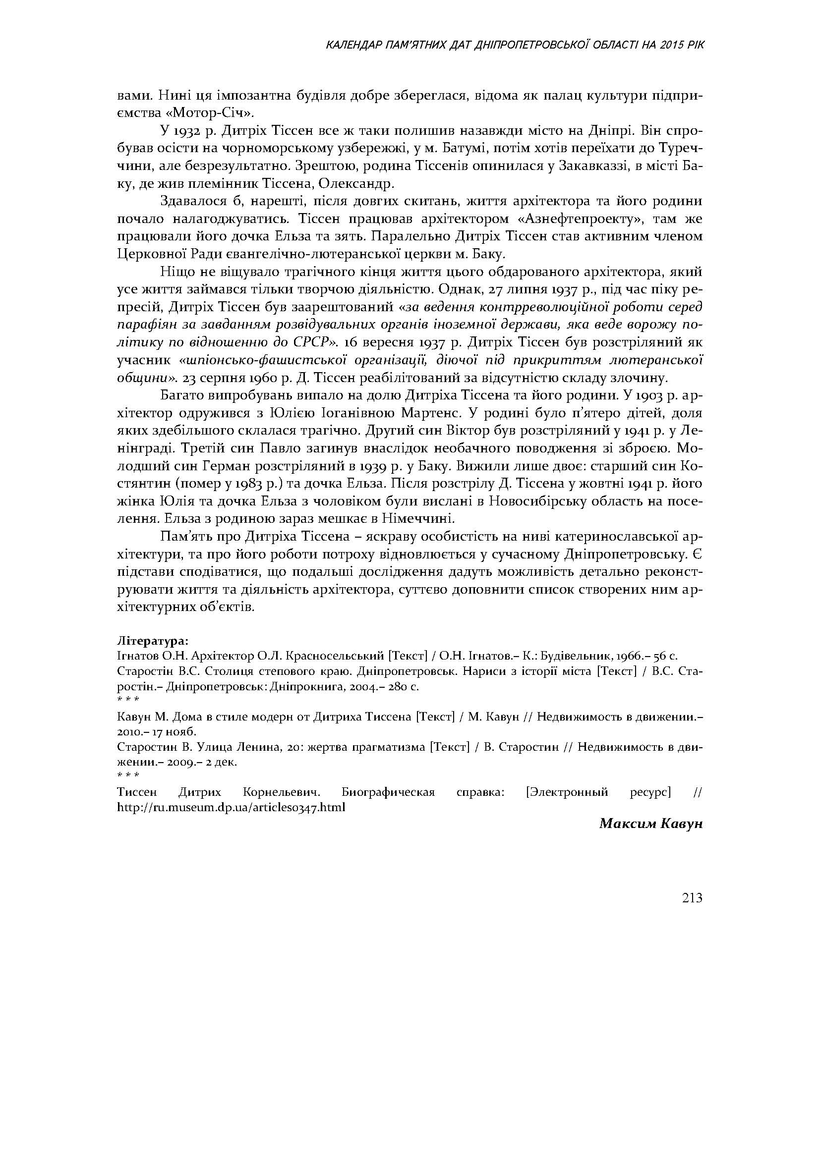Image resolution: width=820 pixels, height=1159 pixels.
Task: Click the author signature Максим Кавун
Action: [x=651, y=824]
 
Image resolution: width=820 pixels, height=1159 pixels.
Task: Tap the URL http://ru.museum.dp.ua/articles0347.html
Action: [x=231, y=807]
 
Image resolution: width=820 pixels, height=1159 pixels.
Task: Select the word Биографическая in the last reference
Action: [x=388, y=792]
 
